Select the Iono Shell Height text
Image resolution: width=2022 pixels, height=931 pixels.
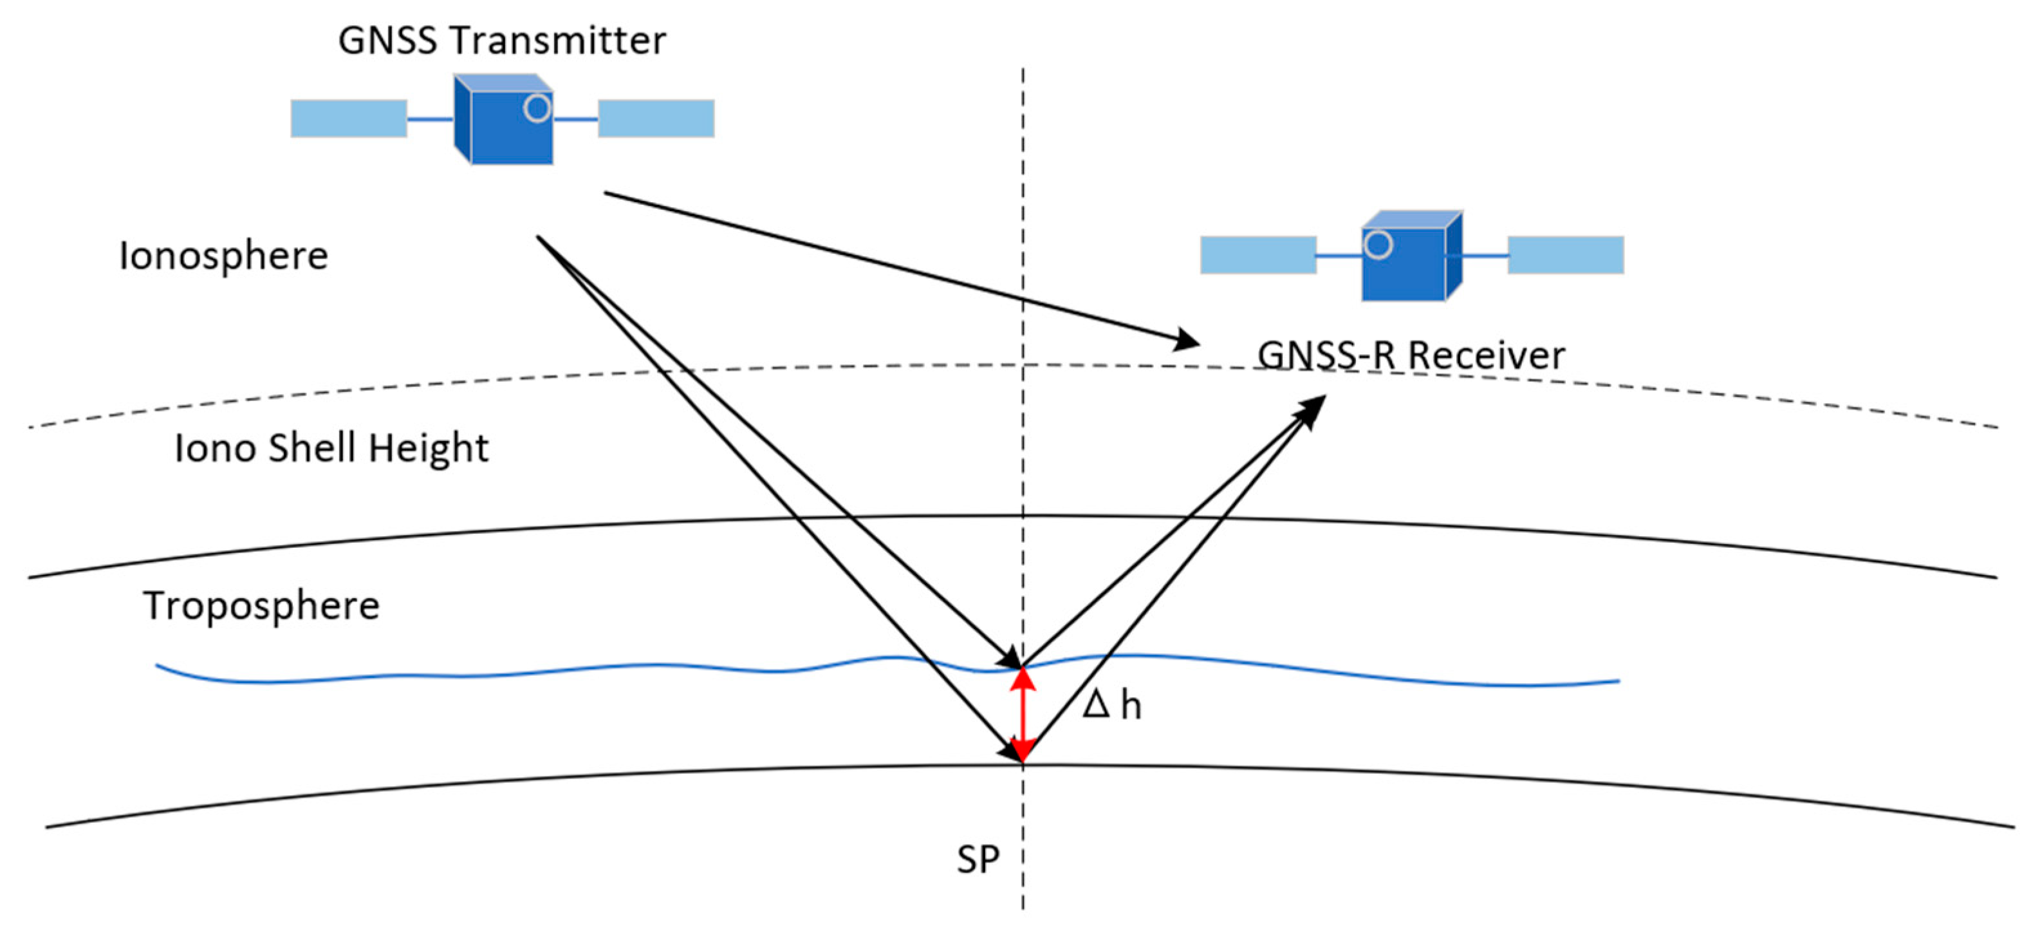click(331, 448)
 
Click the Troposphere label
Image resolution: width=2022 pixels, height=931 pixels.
click(261, 606)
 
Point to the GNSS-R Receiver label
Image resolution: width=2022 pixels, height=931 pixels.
click(1411, 355)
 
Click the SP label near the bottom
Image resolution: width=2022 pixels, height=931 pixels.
click(978, 860)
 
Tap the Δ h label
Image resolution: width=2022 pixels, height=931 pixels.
click(1111, 706)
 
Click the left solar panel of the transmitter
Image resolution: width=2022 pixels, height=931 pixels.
click(349, 118)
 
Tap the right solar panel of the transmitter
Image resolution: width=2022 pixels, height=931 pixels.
click(656, 118)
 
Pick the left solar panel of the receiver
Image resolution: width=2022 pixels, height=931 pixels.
click(1258, 255)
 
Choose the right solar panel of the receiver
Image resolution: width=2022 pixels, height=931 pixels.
click(1565, 255)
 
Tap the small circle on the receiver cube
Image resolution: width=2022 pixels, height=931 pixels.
click(1378, 244)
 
